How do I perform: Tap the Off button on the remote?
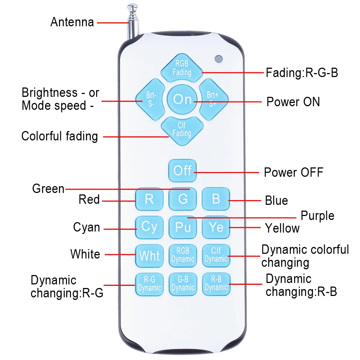(x=183, y=170)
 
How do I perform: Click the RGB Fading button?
(x=182, y=68)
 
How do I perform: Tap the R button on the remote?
(x=149, y=199)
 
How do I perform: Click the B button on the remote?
(x=216, y=199)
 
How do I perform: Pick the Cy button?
(x=149, y=227)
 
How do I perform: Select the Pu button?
(x=183, y=227)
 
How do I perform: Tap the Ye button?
(x=216, y=227)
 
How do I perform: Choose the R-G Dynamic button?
(x=149, y=284)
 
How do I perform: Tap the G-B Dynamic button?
(x=183, y=284)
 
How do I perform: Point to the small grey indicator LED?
(x=218, y=58)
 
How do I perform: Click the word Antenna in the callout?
(x=72, y=22)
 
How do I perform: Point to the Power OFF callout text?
(x=293, y=172)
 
